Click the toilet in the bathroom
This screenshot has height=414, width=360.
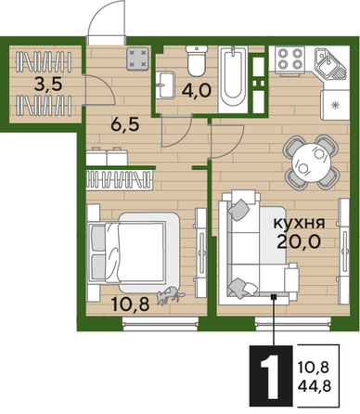197,60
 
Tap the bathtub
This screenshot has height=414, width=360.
233,80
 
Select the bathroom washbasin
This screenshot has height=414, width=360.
165,84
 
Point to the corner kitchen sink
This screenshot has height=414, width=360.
330,63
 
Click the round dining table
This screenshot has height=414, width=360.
311,162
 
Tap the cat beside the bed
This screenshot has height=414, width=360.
170,295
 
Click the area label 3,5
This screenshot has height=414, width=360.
48,84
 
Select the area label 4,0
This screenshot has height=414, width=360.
197,91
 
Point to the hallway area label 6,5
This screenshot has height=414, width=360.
125,124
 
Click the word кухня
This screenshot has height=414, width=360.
299,223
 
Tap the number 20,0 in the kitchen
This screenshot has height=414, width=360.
298,241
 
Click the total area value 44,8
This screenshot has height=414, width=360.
315,386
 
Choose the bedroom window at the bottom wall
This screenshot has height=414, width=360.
161,323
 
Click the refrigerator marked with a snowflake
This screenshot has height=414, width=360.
335,105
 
